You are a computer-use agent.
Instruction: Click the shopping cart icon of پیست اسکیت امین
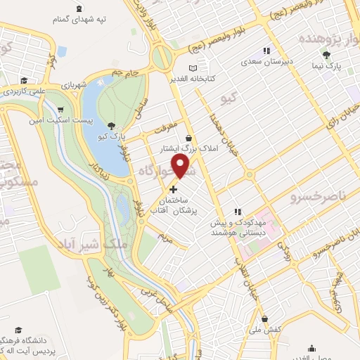point(61,109)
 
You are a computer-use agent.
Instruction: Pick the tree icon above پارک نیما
point(326,53)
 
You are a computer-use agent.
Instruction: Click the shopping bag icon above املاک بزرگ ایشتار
point(189,138)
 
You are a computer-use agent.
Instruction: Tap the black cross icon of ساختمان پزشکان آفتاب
point(174,188)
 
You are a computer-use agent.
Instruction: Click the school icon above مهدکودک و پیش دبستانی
point(238,211)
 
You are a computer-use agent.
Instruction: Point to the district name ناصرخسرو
point(314,199)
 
